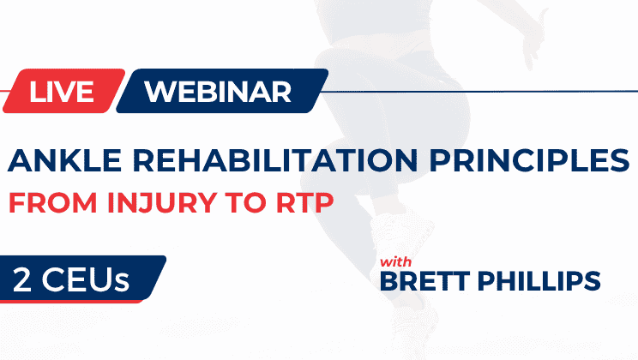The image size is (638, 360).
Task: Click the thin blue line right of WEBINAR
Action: pyautogui.click(x=480, y=88)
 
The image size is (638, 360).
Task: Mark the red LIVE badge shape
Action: pyautogui.click(x=60, y=91)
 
